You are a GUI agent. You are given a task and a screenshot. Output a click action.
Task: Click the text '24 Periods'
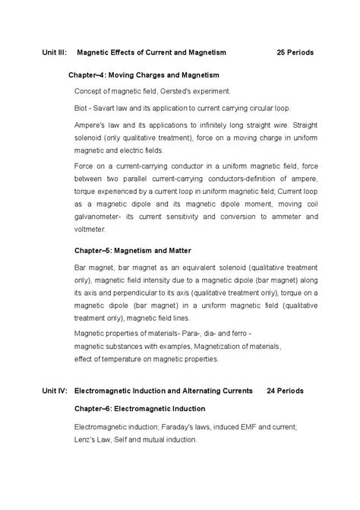coord(286,391)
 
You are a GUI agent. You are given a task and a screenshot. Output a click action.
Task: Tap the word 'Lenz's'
coord(87,439)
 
